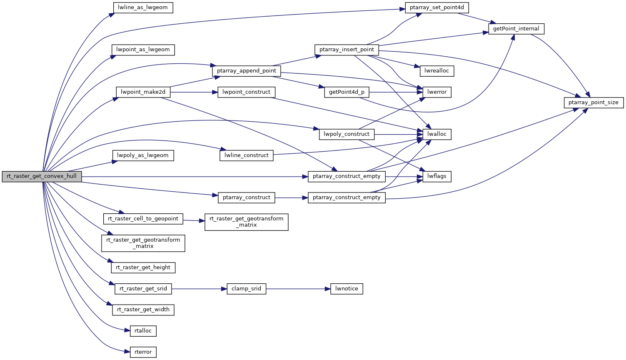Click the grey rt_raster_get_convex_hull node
42,176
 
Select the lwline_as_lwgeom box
143,7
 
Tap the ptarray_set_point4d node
436,7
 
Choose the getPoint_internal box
516,29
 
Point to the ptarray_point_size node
593,102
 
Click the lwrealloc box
436,71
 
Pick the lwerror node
436,92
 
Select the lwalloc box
436,134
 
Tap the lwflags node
436,176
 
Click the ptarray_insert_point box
347,50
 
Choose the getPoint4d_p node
347,92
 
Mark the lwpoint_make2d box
143,92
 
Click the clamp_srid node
246,289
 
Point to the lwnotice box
347,289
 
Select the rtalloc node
143,331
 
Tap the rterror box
143,352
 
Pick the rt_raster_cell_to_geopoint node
143,219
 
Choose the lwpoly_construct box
347,134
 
